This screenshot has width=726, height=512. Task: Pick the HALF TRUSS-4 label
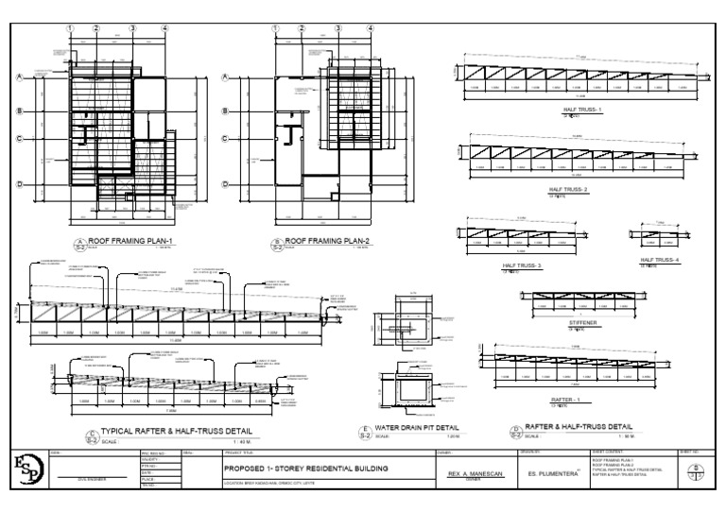tap(659, 260)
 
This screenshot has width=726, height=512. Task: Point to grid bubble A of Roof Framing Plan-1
tap(19, 78)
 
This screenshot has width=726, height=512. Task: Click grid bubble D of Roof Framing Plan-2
tap(226, 185)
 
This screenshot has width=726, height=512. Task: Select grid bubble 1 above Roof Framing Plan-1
tap(70, 28)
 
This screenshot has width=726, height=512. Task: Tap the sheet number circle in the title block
tap(697, 469)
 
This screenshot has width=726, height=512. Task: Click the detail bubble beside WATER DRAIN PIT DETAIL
tap(364, 432)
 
